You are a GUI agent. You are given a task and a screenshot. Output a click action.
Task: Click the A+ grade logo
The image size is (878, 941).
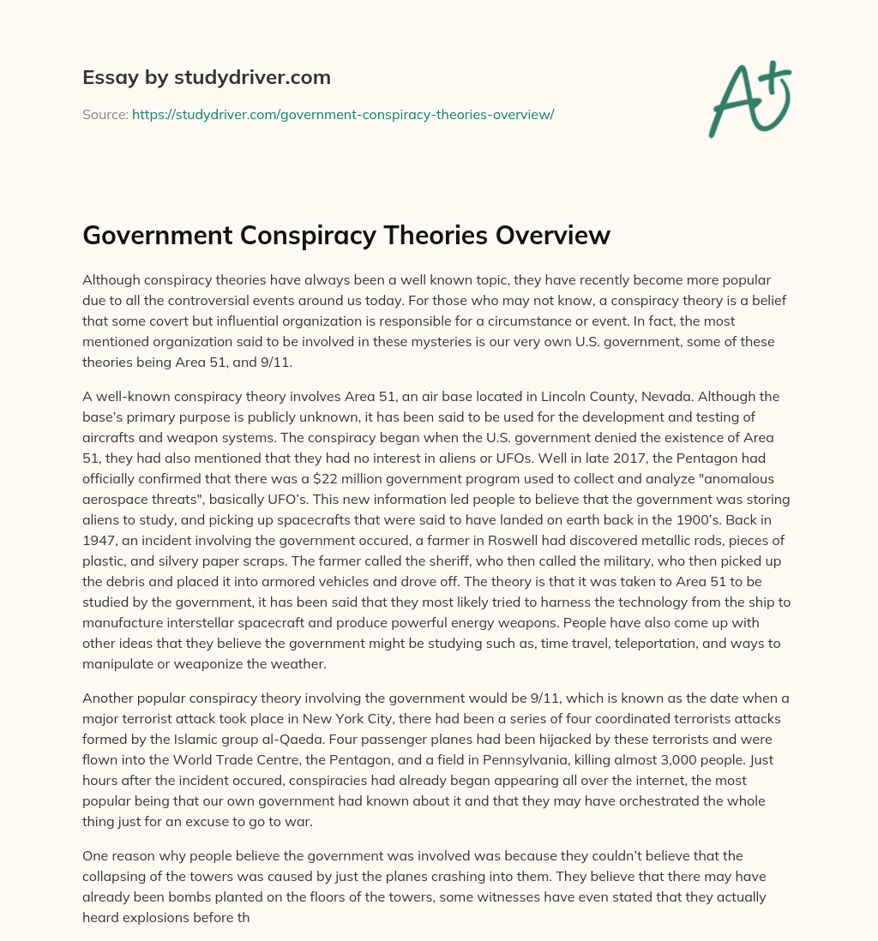coord(749,99)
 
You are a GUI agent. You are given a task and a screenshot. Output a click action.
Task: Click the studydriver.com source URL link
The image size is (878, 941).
coord(343,114)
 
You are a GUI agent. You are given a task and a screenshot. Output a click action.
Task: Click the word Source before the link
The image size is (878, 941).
coord(105,114)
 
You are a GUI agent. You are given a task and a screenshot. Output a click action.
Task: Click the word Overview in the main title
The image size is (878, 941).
coord(554,235)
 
